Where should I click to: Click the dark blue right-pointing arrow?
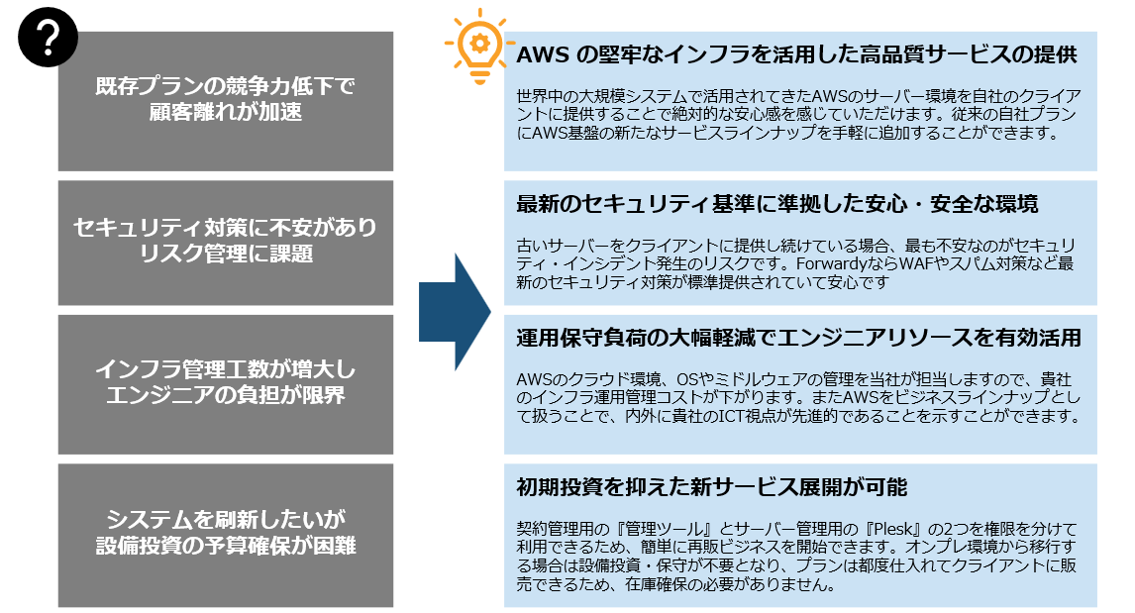tap(455, 311)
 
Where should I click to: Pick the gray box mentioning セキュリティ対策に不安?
tap(226, 242)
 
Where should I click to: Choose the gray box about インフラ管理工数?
tap(226, 384)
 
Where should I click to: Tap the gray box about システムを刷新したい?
tap(226, 535)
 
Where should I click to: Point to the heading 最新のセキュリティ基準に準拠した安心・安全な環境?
tap(777, 205)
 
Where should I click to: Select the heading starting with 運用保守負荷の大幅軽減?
tap(798, 338)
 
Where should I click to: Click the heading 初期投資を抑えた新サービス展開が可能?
tap(712, 487)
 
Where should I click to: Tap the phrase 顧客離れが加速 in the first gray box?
tap(226, 114)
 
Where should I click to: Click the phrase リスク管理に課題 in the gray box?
tap(226, 255)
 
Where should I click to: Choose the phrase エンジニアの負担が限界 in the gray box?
tap(226, 397)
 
